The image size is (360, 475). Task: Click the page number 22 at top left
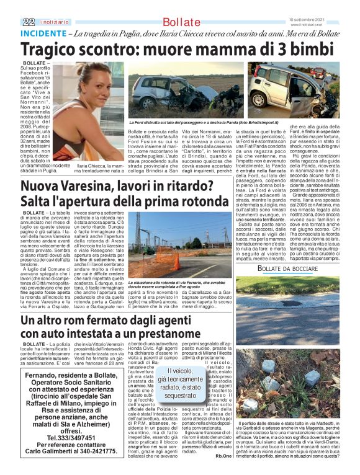[28, 21]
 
